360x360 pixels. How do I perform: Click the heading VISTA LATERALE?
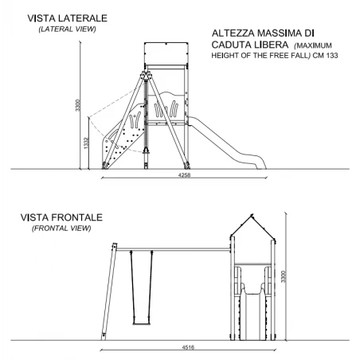tap(68, 18)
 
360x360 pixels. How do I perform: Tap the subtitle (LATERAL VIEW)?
tap(67, 29)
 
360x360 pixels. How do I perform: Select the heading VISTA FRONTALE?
tap(61, 217)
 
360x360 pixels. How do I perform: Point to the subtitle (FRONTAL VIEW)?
tap(61, 228)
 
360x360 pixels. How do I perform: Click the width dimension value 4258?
tap(184, 175)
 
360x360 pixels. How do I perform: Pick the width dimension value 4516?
tap(188, 347)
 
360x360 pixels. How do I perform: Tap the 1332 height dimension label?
tap(86, 143)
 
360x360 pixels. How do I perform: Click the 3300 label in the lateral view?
tap(77, 105)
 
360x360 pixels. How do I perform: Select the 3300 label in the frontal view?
tap(284, 276)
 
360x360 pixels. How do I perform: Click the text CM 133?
tap(325, 56)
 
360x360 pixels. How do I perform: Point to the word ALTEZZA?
tap(233, 33)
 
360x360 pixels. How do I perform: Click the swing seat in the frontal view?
tap(142, 323)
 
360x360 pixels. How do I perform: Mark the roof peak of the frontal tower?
tap(252, 214)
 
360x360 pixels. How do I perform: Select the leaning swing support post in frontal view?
tap(109, 292)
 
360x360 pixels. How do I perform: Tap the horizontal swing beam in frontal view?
tap(173, 249)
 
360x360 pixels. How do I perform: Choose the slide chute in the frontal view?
tap(252, 316)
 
